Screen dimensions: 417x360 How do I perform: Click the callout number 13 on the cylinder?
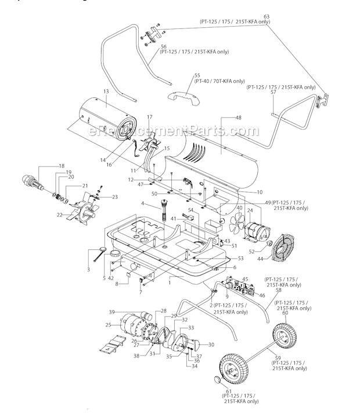pyautogui.click(x=106, y=91)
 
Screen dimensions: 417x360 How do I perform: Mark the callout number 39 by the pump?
pyautogui.click(x=112, y=311)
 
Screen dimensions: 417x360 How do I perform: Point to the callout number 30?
pyautogui.click(x=211, y=345)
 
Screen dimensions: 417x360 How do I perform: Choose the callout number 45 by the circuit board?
pyautogui.click(x=245, y=279)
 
